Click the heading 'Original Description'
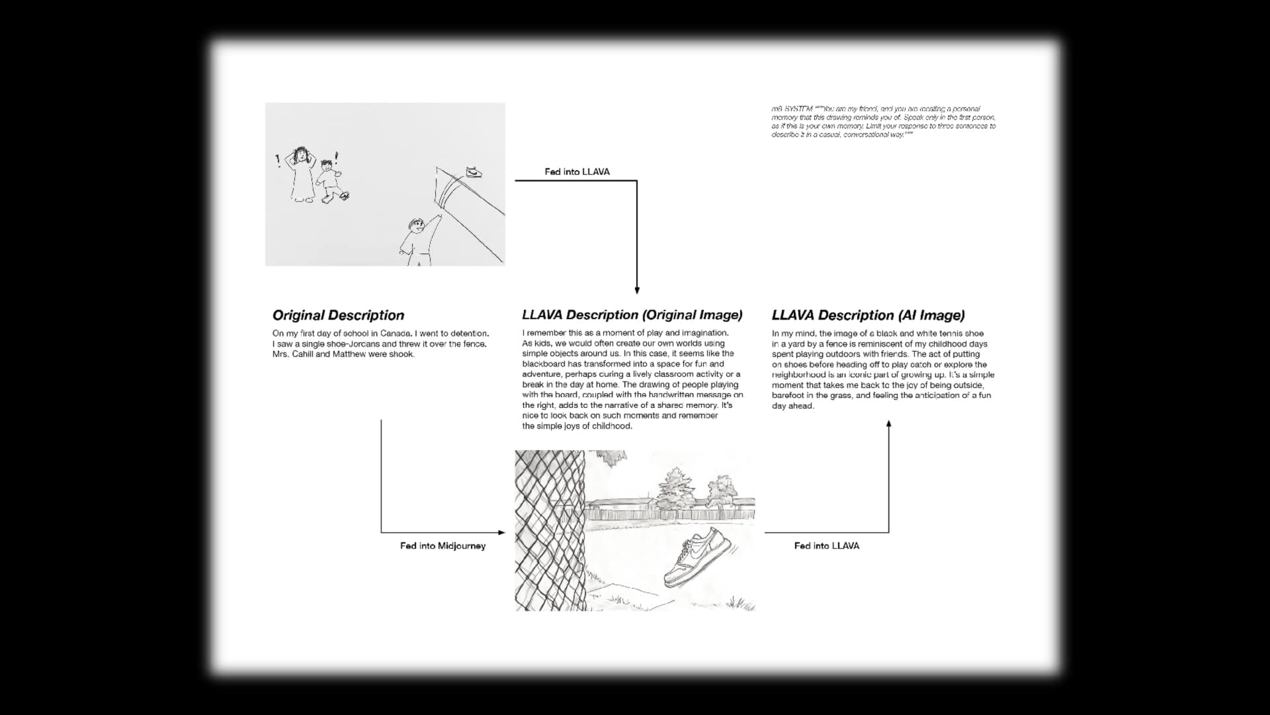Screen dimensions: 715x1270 coord(338,316)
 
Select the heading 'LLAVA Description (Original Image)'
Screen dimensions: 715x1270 coord(632,315)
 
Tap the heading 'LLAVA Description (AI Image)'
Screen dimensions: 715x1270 coord(868,316)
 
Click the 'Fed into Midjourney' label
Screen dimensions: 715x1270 coord(443,546)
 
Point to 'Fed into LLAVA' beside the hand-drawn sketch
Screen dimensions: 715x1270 coord(577,172)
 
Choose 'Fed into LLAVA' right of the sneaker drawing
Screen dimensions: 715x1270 coord(826,546)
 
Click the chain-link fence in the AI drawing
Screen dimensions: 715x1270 coord(549,530)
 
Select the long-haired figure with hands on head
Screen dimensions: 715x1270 coord(302,173)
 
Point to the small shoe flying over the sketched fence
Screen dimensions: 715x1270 coord(474,172)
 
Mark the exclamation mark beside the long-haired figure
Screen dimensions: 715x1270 coord(278,160)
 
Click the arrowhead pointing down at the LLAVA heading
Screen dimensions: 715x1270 coord(637,290)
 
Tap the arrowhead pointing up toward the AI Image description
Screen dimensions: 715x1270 coord(888,424)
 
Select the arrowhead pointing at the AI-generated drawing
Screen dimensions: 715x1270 coord(501,532)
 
